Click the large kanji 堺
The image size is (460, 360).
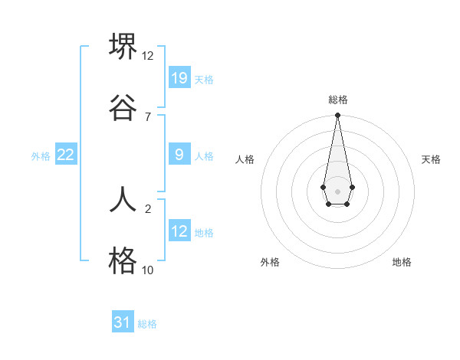tap(123, 47)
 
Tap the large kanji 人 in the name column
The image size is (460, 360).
tap(123, 198)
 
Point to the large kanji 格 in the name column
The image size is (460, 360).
tap(123, 260)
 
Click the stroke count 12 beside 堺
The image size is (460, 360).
tap(148, 55)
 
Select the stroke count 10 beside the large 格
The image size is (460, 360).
tap(148, 270)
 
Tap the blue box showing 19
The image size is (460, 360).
tap(179, 78)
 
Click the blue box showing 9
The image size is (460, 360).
tap(179, 155)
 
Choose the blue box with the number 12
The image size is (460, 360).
tap(179, 231)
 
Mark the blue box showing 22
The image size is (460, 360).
tap(66, 155)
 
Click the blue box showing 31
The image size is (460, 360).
tap(123, 322)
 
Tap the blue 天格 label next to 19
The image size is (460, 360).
tap(204, 80)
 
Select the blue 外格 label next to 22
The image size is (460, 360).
tap(41, 156)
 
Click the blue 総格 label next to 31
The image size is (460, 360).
tap(147, 324)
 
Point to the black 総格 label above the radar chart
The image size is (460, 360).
tap(337, 100)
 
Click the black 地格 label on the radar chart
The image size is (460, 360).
tap(402, 262)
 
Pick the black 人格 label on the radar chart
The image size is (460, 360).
tap(245, 159)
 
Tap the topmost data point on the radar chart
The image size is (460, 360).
tap(337, 115)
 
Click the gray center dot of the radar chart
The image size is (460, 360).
tap(337, 190)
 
